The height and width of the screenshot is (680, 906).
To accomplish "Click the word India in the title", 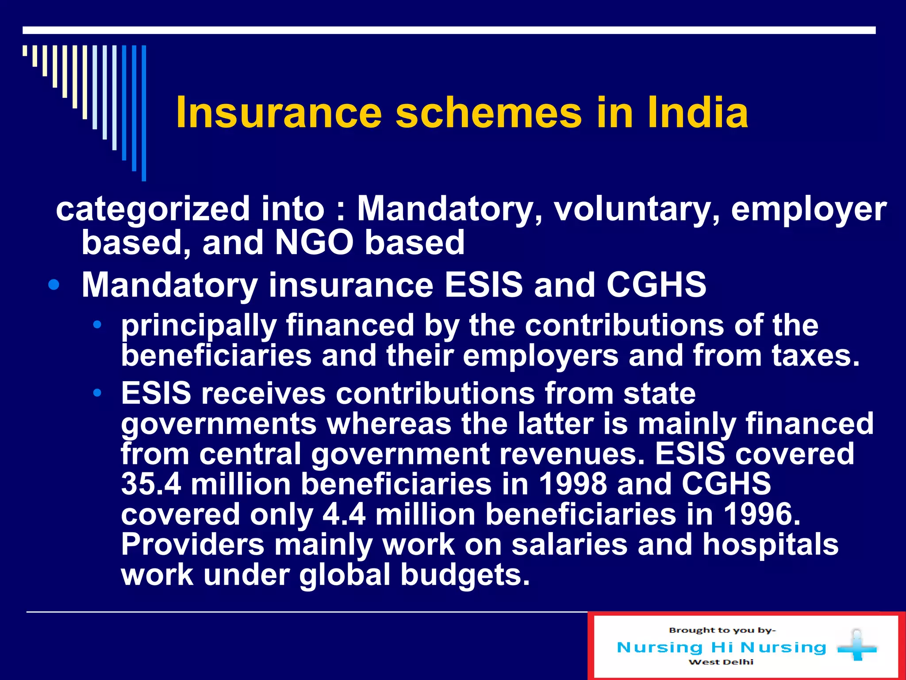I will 698,113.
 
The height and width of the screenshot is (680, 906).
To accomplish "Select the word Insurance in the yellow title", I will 279,113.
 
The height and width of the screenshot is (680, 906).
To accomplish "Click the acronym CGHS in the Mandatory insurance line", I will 656,285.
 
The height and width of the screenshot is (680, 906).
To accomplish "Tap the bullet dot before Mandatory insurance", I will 54,285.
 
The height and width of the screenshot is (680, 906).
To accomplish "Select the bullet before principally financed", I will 97,325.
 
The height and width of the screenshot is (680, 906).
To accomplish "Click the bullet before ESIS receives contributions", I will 97,393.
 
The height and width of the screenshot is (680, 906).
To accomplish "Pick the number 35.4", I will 151,484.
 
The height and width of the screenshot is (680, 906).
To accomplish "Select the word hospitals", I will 770,544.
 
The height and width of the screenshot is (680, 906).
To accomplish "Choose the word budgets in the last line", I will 465,575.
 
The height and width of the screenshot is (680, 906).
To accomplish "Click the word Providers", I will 192,544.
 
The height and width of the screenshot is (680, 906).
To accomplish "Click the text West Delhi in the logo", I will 721,662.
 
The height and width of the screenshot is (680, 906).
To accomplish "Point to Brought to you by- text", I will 722,630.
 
